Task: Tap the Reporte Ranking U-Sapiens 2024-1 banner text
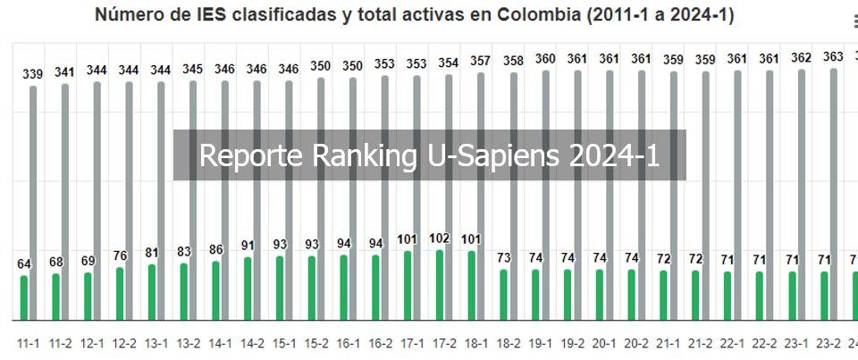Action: [x=429, y=155]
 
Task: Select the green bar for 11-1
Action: [x=24, y=297]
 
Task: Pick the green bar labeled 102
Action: [x=440, y=285]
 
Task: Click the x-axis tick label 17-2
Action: [x=444, y=342]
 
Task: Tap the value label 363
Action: [x=833, y=56]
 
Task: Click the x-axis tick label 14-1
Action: [x=220, y=342]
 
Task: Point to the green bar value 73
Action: [x=504, y=258]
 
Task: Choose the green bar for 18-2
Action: [x=504, y=295]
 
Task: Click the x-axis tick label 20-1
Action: [x=604, y=342]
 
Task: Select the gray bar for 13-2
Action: [x=193, y=200]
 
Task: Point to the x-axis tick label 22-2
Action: [x=764, y=342]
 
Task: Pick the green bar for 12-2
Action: [x=120, y=294]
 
